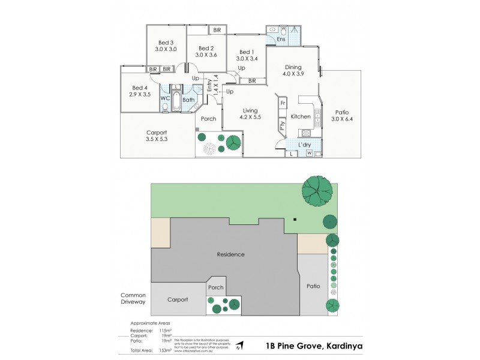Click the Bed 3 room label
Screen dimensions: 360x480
pos(166,43)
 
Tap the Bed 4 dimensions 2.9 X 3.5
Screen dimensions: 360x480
pos(140,95)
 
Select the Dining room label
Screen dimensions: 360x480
pos(293,67)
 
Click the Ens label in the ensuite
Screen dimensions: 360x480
pos(281,40)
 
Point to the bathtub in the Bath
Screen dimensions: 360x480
pos(176,101)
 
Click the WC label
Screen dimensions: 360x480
pos(164,98)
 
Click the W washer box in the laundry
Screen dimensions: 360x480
pos(310,154)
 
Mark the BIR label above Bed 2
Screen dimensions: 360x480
pos(216,29)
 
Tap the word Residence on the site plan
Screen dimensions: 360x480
pos(231,254)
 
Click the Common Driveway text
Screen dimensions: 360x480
pos(133,298)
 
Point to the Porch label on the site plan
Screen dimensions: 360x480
pos(216,287)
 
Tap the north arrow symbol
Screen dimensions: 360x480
pos(240,346)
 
